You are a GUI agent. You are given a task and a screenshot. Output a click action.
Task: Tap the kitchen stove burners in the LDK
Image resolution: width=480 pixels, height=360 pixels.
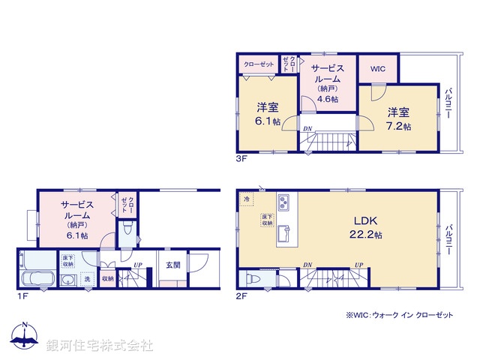pos(285,202)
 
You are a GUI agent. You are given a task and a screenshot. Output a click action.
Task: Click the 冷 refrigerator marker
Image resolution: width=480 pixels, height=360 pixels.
pos(247,199)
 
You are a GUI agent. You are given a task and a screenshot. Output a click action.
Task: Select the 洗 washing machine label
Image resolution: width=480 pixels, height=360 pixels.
pos(87,280)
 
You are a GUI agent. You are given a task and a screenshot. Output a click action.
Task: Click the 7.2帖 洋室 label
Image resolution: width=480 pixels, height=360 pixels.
pos(398,118)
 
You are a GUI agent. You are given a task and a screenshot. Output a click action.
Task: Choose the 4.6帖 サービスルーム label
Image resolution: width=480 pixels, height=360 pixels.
pos(328,83)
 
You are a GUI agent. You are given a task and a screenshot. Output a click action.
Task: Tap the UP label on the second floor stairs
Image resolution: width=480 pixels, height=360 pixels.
pos(359,265)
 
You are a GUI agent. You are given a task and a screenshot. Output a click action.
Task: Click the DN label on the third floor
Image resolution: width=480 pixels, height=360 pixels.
pos(307,129)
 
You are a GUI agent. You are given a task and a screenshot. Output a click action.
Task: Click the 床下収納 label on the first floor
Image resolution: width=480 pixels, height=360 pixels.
pos(68,261)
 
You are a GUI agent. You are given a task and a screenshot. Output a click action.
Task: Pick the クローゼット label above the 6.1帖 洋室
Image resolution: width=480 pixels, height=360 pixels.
pos(259,65)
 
